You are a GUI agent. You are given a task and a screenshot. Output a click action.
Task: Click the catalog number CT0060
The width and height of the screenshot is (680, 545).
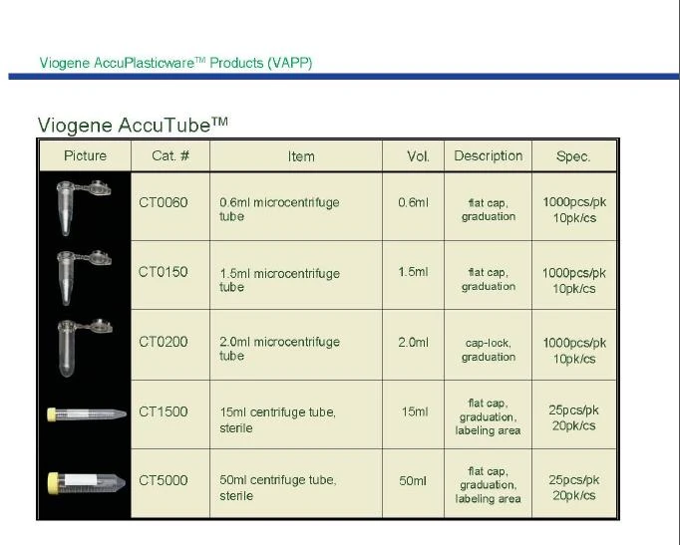point(164,202)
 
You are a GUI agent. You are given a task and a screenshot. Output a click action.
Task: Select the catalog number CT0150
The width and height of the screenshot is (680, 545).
point(164,272)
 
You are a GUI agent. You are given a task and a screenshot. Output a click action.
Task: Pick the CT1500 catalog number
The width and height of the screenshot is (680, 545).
point(164,411)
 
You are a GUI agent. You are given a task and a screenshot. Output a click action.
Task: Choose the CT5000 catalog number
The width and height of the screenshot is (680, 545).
point(164,480)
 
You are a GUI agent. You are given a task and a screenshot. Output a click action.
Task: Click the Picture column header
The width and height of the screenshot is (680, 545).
point(85,156)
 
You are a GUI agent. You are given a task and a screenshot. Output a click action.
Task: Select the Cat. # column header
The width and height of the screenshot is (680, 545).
point(170,156)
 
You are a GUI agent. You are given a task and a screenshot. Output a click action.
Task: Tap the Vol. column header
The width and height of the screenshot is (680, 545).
point(418,156)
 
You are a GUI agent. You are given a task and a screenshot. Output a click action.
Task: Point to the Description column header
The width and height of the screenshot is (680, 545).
point(489,156)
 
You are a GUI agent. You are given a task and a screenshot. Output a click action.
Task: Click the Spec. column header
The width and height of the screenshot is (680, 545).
point(573,156)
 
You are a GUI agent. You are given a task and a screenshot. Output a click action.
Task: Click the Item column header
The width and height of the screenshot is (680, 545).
point(301,156)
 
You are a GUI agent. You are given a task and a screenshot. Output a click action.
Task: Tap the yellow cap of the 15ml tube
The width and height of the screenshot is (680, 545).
point(52,414)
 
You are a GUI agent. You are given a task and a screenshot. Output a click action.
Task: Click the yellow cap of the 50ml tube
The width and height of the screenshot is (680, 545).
point(53,482)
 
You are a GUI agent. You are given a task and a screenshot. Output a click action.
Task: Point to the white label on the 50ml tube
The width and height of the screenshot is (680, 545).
point(81,479)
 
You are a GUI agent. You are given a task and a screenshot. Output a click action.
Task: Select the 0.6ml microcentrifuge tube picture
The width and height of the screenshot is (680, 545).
point(84,207)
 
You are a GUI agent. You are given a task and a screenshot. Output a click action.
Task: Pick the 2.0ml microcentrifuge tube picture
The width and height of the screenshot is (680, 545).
point(85,348)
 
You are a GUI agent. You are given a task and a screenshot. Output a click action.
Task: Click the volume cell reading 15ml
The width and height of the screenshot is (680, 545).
point(415,411)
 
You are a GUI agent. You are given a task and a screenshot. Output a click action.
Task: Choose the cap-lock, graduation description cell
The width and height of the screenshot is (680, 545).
point(489,350)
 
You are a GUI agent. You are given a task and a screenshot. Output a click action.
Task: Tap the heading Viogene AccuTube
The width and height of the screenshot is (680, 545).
point(133,126)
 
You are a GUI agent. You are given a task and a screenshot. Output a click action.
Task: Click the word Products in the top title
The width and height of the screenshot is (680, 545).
point(236,63)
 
